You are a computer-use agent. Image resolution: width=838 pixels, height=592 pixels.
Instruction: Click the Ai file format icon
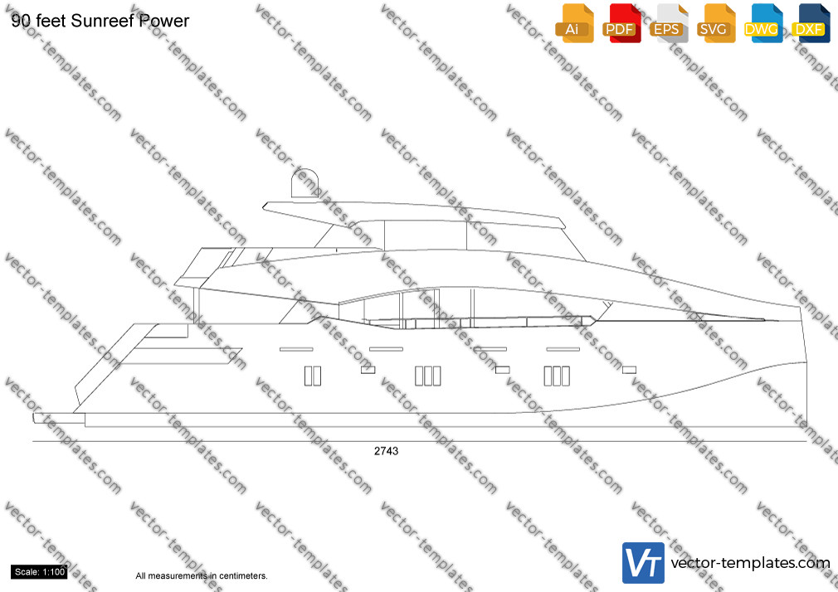point(574,23)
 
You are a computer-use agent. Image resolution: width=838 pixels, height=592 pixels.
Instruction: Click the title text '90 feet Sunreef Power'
point(100,21)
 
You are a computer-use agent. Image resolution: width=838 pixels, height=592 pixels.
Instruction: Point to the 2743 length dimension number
point(386,451)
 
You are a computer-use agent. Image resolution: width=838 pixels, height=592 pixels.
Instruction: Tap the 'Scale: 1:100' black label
point(40,572)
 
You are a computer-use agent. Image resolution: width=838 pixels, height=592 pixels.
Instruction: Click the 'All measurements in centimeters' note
point(202,576)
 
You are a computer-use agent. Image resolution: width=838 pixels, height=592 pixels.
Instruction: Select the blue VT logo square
point(644,563)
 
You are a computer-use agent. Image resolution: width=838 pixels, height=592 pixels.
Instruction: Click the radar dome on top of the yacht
point(305,183)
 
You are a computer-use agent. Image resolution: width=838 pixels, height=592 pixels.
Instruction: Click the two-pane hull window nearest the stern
point(313,376)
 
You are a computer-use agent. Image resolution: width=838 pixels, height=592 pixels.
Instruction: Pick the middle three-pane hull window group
point(428,376)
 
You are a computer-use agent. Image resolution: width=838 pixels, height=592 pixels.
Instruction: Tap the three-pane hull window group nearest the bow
point(557,376)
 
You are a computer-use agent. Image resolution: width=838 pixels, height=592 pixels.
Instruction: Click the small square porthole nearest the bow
point(630,370)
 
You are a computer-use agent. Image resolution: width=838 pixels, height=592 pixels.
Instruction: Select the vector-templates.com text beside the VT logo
point(750,563)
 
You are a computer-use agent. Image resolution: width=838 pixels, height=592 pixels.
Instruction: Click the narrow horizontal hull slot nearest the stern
point(296,349)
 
